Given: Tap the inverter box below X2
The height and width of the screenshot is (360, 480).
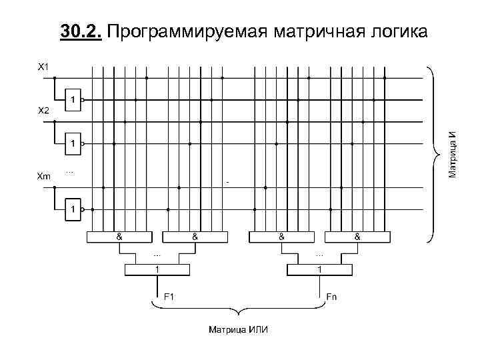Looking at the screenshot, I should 72,143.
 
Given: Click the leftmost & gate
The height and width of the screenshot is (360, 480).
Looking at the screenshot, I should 119,236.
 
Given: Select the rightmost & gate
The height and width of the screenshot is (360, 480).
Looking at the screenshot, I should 357,236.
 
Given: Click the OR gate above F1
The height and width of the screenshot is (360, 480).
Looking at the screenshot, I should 157,269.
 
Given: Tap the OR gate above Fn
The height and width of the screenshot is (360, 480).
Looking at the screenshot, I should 319,269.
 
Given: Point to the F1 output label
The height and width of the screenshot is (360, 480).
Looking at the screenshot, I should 169,296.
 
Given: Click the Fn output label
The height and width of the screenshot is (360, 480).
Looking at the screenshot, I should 331,296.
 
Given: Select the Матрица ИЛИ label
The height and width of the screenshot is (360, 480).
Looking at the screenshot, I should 235,330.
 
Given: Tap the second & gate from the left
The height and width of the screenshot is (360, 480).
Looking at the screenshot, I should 195,236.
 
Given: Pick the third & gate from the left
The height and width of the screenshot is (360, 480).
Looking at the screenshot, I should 282,236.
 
